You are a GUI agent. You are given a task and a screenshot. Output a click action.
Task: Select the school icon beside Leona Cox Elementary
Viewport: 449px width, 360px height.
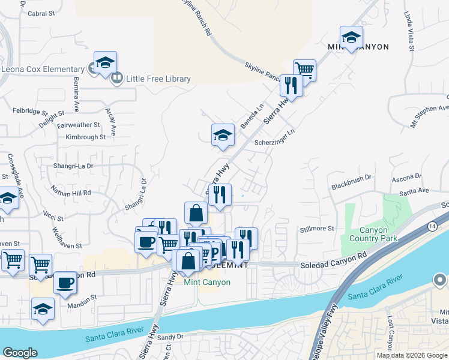tap(105, 63)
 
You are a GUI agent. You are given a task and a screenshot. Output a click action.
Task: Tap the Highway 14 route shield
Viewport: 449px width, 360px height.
tap(432, 225)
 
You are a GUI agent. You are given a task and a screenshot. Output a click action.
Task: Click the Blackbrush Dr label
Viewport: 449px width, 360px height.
tap(352, 182)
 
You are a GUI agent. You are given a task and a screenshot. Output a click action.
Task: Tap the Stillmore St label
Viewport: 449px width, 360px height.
tap(317, 229)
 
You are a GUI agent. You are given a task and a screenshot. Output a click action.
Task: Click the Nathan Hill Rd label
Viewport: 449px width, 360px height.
tap(71, 193)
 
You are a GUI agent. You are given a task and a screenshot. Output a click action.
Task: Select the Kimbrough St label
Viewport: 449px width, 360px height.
tap(86, 137)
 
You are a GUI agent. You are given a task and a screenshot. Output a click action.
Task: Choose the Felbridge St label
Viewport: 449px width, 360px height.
tap(29, 112)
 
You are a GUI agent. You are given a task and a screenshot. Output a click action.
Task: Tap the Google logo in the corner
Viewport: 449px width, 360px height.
tap(20, 352)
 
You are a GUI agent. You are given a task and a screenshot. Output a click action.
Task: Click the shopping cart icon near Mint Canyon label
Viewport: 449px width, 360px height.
tap(304, 70)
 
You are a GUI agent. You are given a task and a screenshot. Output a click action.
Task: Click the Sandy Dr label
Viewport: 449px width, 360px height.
tap(170, 337)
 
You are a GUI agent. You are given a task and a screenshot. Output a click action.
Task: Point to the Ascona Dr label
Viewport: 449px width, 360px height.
tap(407, 177)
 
